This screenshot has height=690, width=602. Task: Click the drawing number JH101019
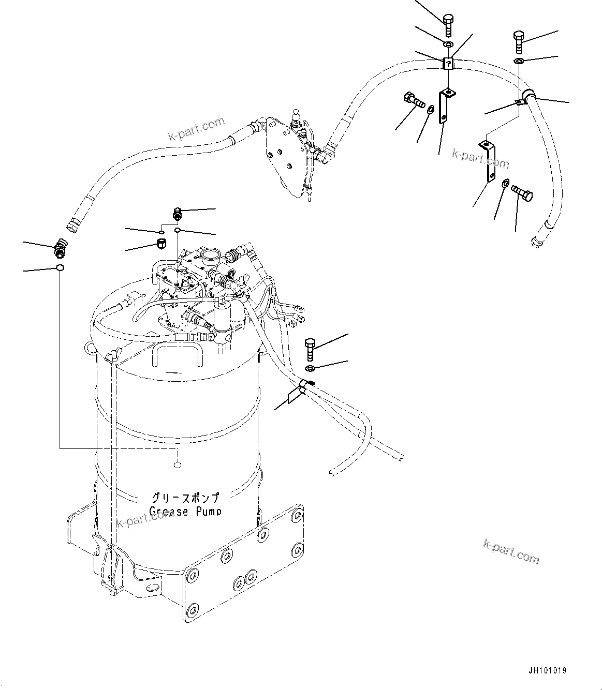[x=547, y=670]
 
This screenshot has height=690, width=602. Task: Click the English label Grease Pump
[x=185, y=512]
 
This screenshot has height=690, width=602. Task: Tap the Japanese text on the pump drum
[x=185, y=498]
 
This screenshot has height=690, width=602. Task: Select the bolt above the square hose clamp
[x=448, y=24]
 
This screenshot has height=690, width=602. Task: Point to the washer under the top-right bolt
[x=519, y=62]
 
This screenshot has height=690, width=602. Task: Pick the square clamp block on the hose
[x=448, y=64]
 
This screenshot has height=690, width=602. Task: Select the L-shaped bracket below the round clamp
[x=488, y=160]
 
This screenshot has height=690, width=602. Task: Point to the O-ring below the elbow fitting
[x=60, y=268]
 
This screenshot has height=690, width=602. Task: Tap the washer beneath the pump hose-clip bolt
[x=310, y=368]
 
